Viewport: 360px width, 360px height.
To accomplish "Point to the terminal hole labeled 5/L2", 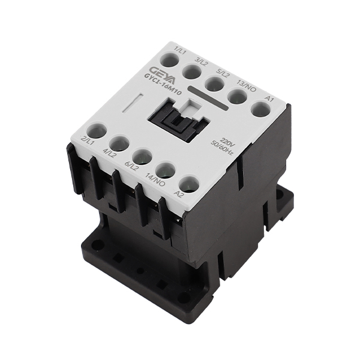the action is point(215,83).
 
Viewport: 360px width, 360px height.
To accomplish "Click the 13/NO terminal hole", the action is point(238,97).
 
